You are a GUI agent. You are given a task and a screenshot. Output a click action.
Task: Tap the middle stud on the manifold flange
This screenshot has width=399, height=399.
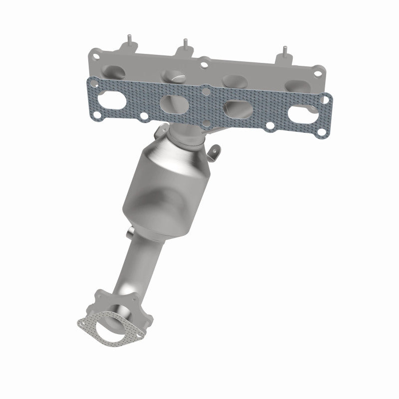click(x=184, y=43)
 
